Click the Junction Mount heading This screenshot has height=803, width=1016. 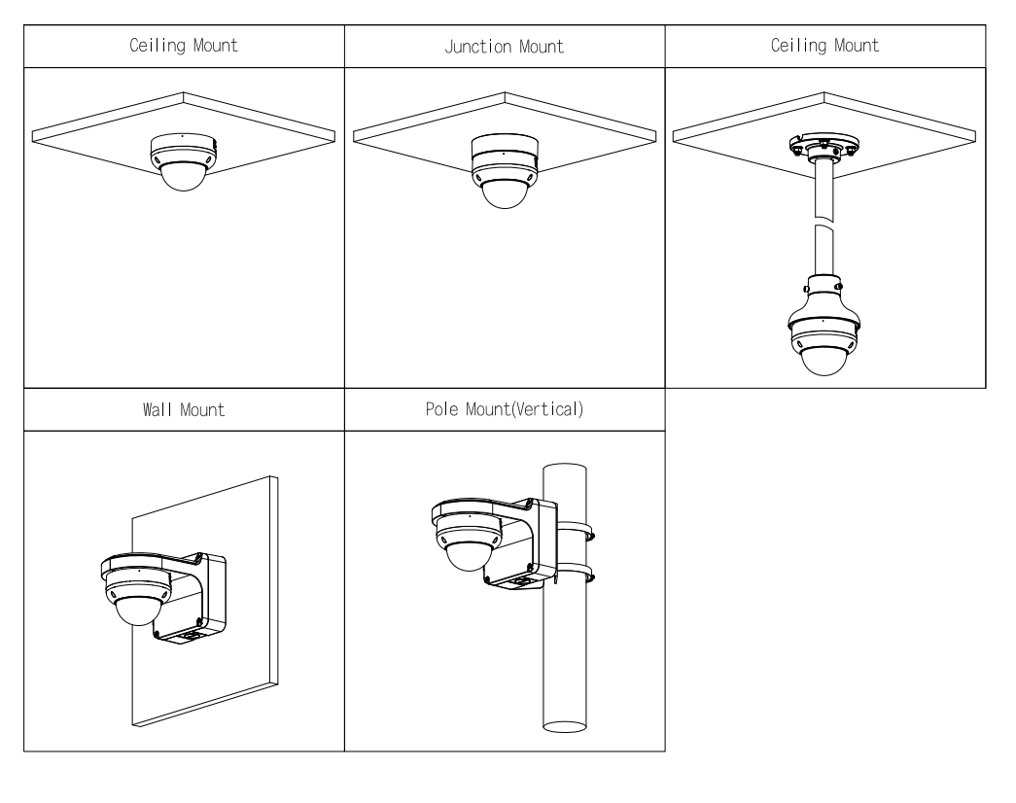point(504,46)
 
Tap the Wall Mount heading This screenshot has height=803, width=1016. point(184,409)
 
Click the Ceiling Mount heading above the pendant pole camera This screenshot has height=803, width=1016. point(824,46)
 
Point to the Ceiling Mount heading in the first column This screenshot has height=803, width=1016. point(184,46)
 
